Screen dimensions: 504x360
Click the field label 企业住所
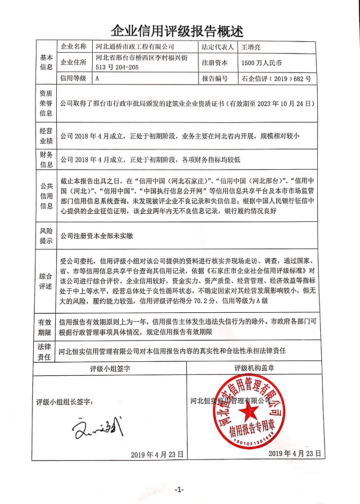pos(73,63)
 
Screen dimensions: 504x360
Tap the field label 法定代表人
pos(217,46)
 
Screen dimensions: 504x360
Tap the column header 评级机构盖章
pos(254,368)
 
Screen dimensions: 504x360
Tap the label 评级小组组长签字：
pos(65,401)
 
